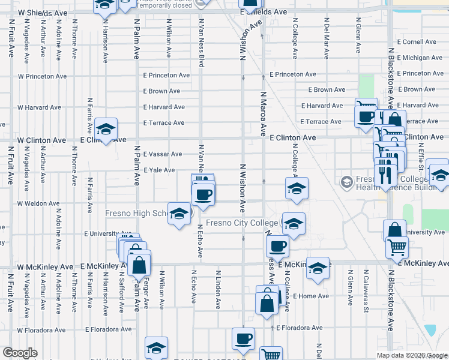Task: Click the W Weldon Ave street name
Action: coord(38,203)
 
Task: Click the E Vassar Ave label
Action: coord(162,154)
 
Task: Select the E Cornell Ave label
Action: coord(415,42)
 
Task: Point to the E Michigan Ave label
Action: coord(418,58)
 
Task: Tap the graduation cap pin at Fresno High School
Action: coord(179,214)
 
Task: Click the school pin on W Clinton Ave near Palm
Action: coord(106,129)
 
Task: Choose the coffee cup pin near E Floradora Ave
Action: coord(243,339)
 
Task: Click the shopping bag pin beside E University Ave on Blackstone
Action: coord(394,230)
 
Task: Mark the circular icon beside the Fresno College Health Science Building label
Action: coord(346,181)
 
